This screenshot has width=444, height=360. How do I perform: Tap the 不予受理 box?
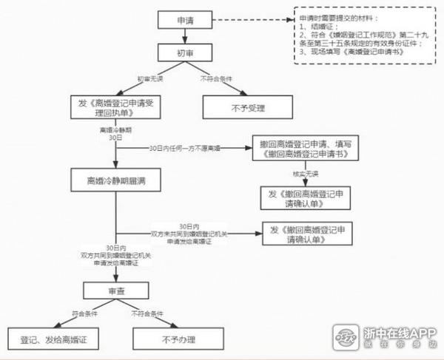249,108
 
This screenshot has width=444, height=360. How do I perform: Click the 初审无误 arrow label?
151,79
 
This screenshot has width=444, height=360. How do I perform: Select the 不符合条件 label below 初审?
216,79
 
